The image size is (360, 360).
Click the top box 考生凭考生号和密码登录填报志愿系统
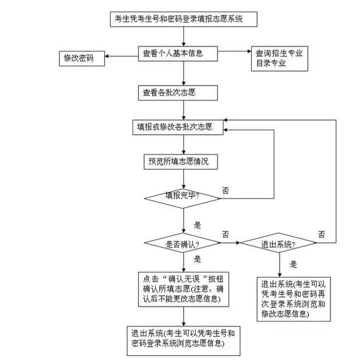pos(183,19)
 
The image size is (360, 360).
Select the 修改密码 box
pos(82,58)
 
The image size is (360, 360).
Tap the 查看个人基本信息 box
pos(178,54)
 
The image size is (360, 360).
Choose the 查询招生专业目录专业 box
pos(280,58)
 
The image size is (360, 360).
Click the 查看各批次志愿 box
pos(178,93)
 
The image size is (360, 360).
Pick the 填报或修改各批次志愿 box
pos(178,127)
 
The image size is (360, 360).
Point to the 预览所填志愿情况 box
pos(181,162)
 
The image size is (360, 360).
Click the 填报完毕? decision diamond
pos(182,199)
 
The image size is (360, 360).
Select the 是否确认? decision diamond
pos(182,243)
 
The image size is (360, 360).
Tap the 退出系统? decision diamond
pos(278,243)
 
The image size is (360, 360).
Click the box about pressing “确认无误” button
pos(183,289)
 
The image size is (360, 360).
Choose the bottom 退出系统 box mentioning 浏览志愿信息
pos(183,341)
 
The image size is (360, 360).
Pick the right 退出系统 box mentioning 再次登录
pos(293,299)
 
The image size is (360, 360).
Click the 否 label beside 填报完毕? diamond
pos(226,190)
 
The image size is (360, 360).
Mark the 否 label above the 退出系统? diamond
pos(321,234)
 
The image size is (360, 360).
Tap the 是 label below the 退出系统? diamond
pos(293,265)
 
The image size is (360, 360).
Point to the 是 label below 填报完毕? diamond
pos(197,225)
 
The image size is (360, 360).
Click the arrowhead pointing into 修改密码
pos(106,56)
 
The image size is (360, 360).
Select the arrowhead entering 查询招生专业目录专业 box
pos(249,51)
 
